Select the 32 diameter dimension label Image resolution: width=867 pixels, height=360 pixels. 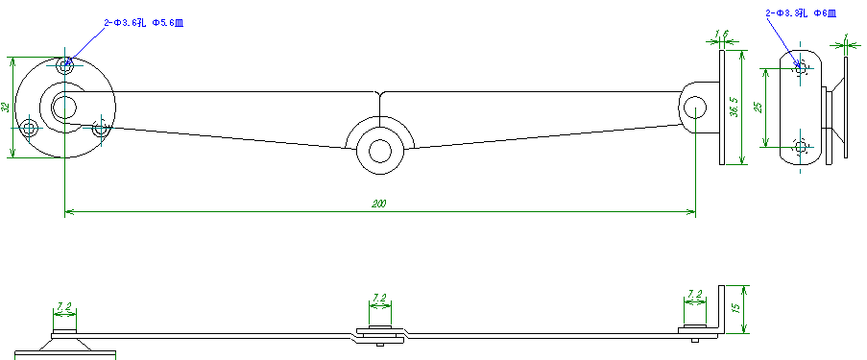coord(6,108)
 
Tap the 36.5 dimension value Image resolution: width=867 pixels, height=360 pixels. coord(734,107)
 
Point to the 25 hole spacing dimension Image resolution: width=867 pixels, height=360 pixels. coord(758,107)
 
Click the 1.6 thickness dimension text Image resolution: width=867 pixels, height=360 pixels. coord(722,35)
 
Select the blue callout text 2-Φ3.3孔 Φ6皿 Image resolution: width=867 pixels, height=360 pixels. coord(800,13)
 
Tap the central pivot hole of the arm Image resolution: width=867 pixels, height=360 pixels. coord(379,151)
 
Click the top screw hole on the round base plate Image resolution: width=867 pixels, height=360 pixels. coord(65,66)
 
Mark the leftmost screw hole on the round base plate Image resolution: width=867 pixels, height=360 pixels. coord(30,127)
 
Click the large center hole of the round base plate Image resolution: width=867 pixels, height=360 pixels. coord(65,106)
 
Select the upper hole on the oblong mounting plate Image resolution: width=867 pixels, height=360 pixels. coord(801,68)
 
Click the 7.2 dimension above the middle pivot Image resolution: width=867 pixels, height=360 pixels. coord(379,298)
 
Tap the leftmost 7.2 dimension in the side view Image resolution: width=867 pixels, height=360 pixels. coord(64,306)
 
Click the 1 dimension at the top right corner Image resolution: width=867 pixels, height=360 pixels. coord(844,38)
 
